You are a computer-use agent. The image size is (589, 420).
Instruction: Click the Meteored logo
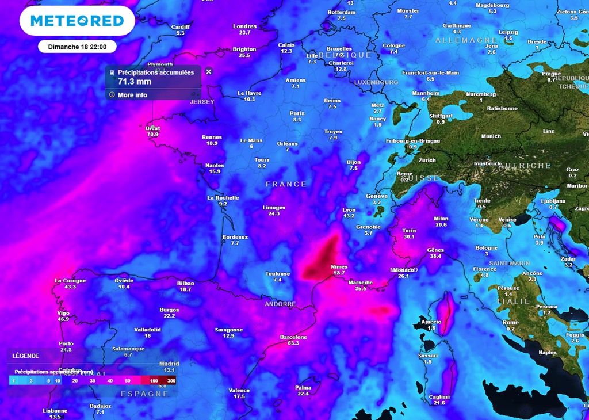tap(77, 21)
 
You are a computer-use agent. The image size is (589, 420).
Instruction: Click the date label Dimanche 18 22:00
tap(77, 47)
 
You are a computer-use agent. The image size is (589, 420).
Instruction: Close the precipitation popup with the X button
tap(209, 72)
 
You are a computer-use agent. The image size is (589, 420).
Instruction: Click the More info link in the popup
tap(132, 95)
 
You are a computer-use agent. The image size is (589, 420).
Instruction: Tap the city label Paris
tap(297, 113)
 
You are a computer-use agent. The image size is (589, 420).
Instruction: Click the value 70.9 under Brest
tap(152, 135)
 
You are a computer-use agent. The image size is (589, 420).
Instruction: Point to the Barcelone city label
tap(293, 337)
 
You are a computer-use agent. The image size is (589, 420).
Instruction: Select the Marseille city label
tap(361, 282)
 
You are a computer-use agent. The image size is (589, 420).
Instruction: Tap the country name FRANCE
tap(286, 184)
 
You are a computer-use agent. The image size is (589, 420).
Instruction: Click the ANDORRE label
tap(280, 304)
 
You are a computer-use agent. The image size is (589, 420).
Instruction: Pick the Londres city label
tap(244, 26)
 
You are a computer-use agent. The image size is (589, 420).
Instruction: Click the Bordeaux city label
tap(235, 237)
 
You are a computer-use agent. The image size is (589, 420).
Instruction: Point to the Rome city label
tap(510, 322)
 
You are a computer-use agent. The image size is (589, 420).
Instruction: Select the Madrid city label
tap(169, 364)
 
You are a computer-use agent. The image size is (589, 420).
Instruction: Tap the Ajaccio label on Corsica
tap(431, 322)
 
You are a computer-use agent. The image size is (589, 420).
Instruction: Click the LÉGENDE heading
tap(26, 356)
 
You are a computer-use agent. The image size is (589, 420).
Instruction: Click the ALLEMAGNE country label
tap(458, 40)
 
